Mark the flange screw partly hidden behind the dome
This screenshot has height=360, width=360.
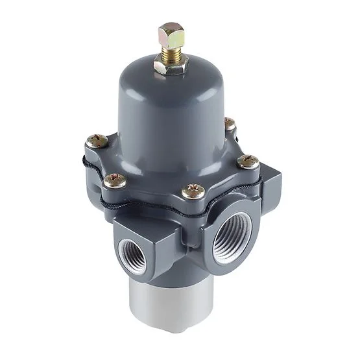pyautogui.click(x=228, y=123)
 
